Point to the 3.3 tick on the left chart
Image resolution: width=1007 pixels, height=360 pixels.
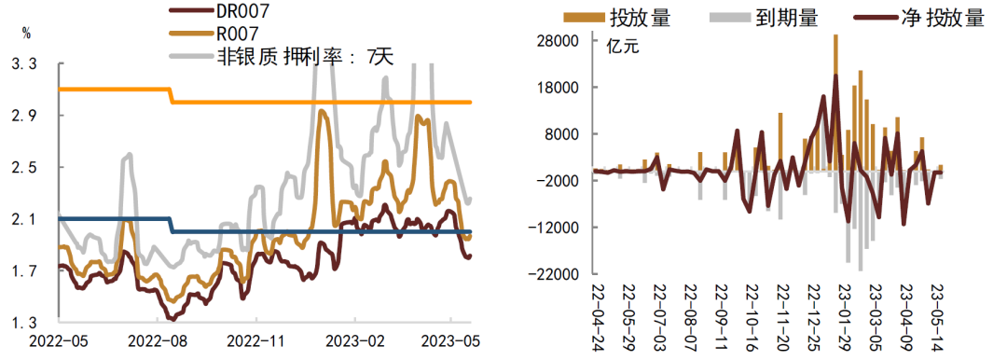[x=24, y=64]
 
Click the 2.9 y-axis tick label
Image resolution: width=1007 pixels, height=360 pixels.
[x=24, y=116]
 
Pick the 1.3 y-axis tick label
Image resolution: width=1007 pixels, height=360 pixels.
[x=24, y=323]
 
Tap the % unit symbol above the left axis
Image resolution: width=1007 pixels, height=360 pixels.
[x=26, y=34]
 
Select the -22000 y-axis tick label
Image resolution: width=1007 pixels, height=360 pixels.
[x=558, y=274]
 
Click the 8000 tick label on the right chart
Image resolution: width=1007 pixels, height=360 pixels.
[x=566, y=134]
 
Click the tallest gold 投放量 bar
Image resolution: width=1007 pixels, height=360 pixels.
[x=835, y=103]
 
